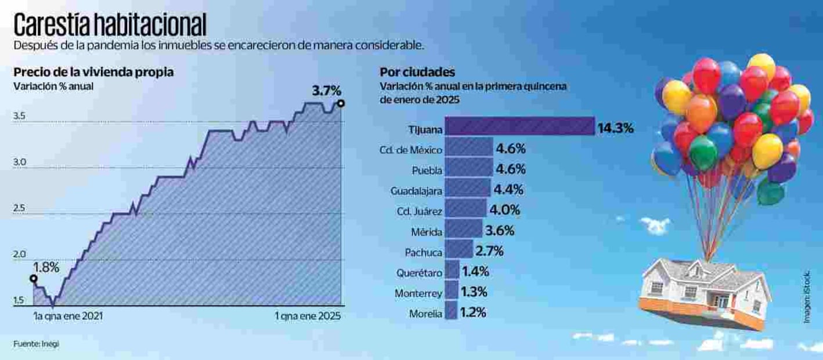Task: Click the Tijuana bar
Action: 520,127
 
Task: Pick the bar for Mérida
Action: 464,231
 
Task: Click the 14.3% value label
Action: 615,128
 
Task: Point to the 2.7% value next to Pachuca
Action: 489,251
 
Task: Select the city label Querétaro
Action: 420,272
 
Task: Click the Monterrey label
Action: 418,293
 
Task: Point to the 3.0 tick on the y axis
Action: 19,164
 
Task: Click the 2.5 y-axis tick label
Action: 19,209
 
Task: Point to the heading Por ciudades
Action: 417,72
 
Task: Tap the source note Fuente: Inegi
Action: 36,343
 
